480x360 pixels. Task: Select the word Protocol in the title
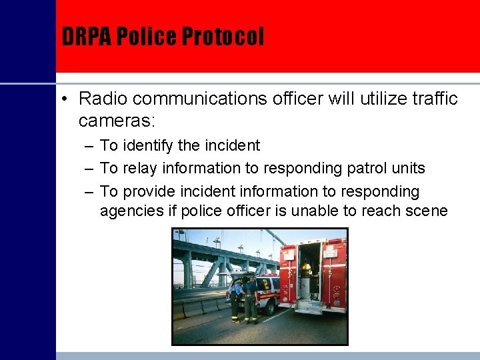[223, 37]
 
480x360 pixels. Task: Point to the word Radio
[101, 99]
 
